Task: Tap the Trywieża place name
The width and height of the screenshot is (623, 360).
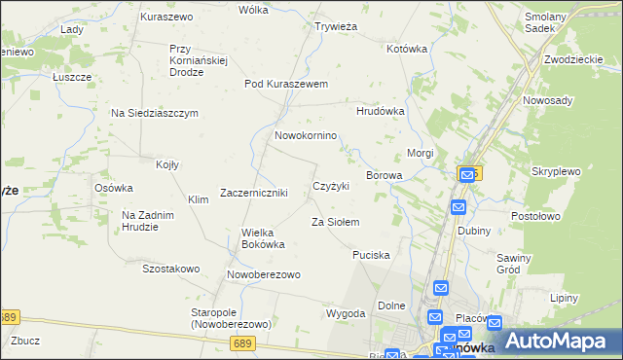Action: tap(337, 26)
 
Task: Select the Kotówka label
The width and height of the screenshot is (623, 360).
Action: tap(407, 48)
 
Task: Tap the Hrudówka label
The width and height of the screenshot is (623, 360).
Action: tap(380, 112)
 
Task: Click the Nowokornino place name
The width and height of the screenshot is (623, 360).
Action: tap(306, 135)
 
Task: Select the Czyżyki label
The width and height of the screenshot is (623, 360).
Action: tap(331, 186)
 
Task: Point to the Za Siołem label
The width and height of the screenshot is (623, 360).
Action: tap(335, 223)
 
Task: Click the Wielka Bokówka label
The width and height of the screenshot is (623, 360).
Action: tap(263, 238)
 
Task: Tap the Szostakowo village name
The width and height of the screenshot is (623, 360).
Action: tap(170, 269)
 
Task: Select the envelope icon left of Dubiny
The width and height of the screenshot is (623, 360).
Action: tap(458, 207)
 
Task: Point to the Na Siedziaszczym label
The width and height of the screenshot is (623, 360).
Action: tap(154, 113)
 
